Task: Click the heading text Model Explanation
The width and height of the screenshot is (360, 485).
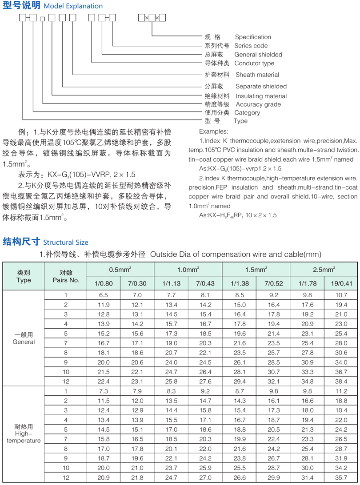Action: pos(73,6)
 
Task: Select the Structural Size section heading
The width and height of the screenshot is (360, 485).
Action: pos(65,242)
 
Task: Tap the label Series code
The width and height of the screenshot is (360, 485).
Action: pos(252,46)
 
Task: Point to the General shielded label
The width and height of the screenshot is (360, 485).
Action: pos(258,55)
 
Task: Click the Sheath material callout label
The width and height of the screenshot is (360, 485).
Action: pos(257,75)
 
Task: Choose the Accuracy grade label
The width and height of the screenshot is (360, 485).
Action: pos(258,104)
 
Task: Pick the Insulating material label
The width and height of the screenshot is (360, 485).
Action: pos(261,96)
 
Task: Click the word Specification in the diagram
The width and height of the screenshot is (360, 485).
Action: pos(253,37)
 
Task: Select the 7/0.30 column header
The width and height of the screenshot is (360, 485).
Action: pos(137,283)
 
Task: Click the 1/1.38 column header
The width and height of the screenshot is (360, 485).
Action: pos(239,283)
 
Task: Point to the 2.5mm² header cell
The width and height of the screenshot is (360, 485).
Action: pos(324,269)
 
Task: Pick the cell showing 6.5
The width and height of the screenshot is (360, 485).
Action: pos(103,295)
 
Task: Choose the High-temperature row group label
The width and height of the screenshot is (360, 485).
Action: pos(24,433)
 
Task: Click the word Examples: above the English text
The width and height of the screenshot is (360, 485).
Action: pos(213,132)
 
